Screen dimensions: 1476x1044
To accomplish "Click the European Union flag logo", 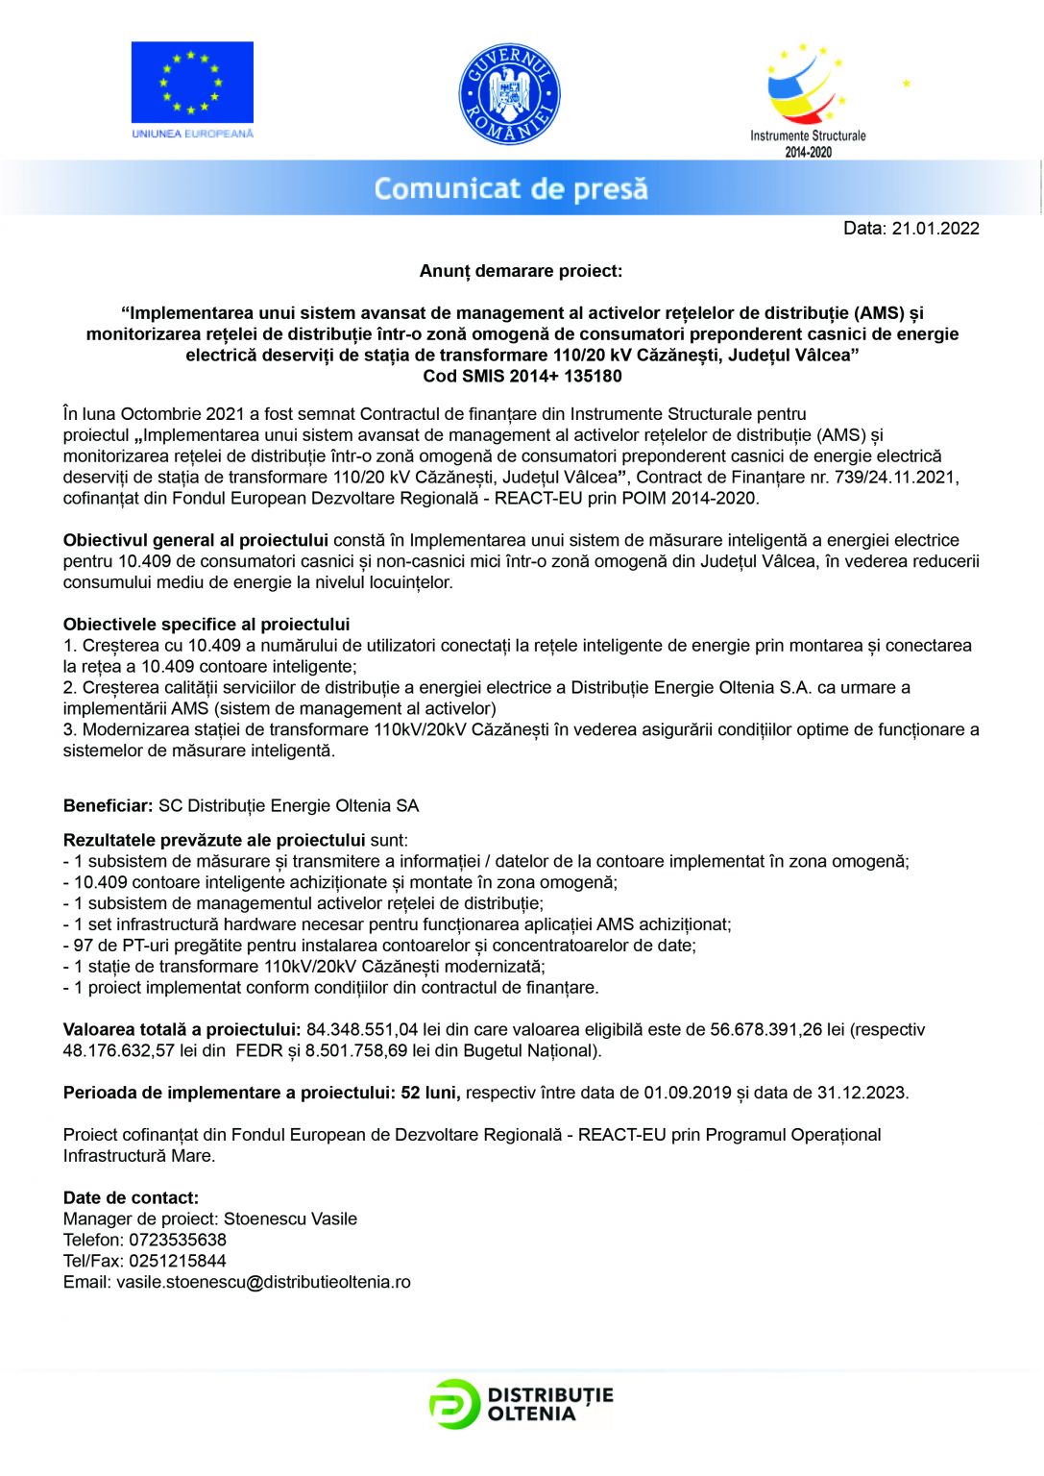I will pyautogui.click(x=192, y=89).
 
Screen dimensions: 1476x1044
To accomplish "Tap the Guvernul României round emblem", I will pyautogui.click(x=509, y=94).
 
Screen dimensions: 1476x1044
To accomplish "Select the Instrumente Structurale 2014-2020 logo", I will pyautogui.click(x=808, y=100).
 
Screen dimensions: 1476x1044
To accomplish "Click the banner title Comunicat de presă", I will pyautogui.click(x=511, y=188).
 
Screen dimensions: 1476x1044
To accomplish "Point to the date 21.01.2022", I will pyautogui.click(x=935, y=229).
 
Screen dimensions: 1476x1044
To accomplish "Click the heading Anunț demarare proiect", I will pyautogui.click(x=521, y=271).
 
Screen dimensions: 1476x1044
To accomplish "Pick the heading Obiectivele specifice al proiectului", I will pyautogui.click(x=206, y=625).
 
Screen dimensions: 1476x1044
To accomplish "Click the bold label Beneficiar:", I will pyautogui.click(x=108, y=806).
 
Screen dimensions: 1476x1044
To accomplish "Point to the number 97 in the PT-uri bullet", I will pyautogui.click(x=84, y=946).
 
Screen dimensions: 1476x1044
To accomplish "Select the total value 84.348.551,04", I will pyautogui.click(x=362, y=1030).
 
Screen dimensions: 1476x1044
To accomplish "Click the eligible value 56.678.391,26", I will pyautogui.click(x=766, y=1030).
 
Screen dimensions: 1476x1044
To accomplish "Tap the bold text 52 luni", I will pyautogui.click(x=430, y=1093).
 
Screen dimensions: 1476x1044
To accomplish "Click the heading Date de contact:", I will pyautogui.click(x=131, y=1198).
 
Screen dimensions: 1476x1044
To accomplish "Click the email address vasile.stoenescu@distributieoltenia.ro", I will pyautogui.click(x=263, y=1283).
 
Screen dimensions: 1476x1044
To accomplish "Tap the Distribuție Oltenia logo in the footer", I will pyautogui.click(x=522, y=1404).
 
